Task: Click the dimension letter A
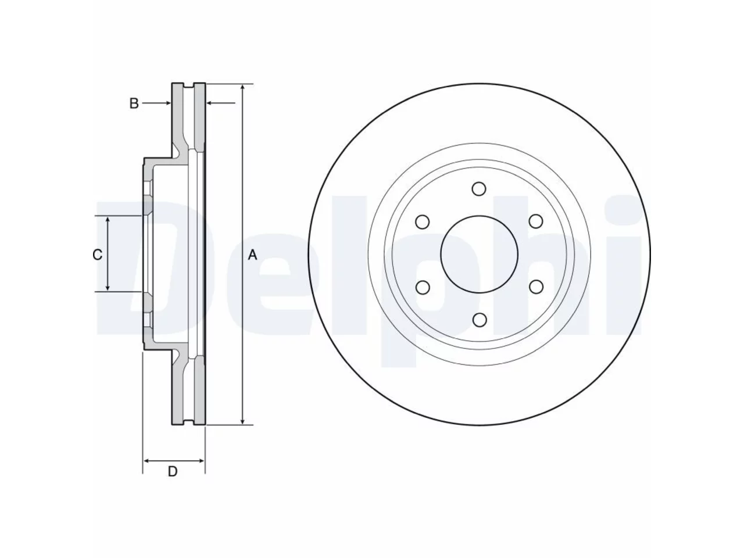coord(252,255)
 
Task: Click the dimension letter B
coord(134,103)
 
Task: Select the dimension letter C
coord(97,255)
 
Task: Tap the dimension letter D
coord(173,471)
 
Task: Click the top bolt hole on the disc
coord(478,189)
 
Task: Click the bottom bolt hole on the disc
coord(480,320)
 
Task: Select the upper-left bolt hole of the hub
coord(423,222)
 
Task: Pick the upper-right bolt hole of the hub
coord(535,221)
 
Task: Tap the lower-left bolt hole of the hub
coord(423,288)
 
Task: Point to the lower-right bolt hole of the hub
coord(536,287)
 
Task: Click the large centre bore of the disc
coord(480,255)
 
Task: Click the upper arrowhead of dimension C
coord(108,220)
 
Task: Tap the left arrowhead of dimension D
coord(148,461)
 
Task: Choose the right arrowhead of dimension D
coord(201,461)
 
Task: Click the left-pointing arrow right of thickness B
coord(221,103)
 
